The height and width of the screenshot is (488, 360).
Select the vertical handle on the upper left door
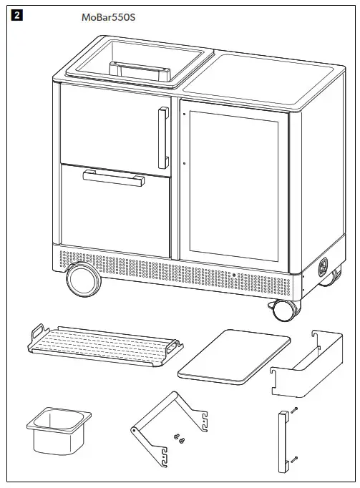pos(164,137)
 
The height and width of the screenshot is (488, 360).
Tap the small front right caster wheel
pos(283,308)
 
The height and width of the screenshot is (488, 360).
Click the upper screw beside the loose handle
pos(294,410)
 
